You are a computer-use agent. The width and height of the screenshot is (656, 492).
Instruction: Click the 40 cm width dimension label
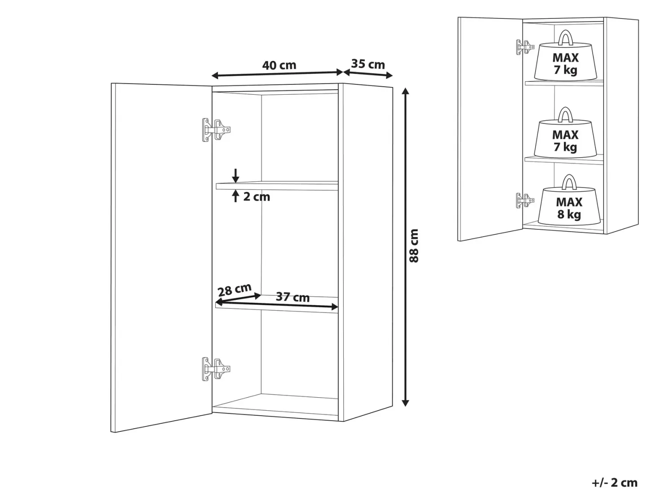click(279, 66)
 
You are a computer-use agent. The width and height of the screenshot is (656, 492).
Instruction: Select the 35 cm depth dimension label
click(368, 64)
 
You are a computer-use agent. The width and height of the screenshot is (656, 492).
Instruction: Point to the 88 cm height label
click(414, 246)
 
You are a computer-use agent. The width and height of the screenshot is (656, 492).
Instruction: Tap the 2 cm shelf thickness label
click(257, 197)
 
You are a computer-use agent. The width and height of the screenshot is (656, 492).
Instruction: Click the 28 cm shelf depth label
click(235, 290)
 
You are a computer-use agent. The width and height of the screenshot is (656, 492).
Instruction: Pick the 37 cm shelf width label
click(293, 297)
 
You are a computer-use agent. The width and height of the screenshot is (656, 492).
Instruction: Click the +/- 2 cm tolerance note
click(614, 482)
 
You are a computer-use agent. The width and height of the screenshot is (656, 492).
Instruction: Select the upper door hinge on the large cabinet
click(216, 130)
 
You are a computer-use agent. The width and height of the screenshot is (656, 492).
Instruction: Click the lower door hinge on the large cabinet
click(216, 369)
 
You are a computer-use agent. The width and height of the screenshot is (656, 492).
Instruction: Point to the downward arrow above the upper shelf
click(235, 176)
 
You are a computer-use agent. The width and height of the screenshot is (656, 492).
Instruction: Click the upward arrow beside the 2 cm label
click(235, 196)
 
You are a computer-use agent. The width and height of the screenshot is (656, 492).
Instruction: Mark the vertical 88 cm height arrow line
click(405, 247)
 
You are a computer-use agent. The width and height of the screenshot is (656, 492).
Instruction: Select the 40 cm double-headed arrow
click(277, 74)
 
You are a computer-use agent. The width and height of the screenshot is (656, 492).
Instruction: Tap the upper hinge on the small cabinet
click(525, 47)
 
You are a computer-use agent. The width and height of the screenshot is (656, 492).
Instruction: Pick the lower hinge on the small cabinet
click(525, 200)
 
